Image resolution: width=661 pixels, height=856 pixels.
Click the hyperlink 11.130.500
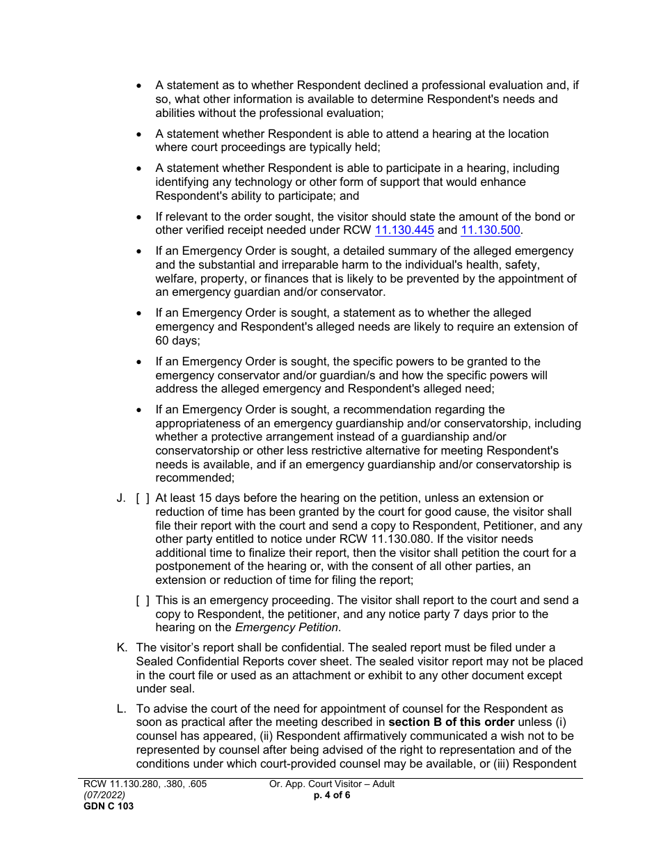pyautogui.click(x=490, y=230)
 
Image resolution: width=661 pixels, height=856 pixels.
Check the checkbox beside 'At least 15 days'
pyautogui.click(x=143, y=498)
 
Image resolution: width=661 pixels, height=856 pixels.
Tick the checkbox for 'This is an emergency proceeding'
pyautogui.click(x=143, y=601)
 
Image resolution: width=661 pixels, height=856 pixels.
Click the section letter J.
pyautogui.click(x=121, y=498)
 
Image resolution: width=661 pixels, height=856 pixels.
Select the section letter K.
pyautogui.click(x=122, y=648)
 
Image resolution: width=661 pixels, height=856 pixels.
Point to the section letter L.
pyautogui.click(x=121, y=709)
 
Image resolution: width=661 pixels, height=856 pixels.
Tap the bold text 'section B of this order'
pyautogui.click(x=450, y=722)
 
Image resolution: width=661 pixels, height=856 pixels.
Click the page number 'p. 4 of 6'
pyautogui.click(x=332, y=795)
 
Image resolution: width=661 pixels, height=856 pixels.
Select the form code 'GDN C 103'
pyautogui.click(x=108, y=807)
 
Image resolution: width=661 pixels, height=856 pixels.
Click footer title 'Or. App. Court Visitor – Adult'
pyautogui.click(x=332, y=784)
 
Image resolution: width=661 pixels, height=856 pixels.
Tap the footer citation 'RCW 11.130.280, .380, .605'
pyautogui.click(x=145, y=784)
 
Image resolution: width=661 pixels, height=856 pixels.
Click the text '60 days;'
pyautogui.click(x=173, y=341)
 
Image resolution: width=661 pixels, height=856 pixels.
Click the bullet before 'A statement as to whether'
pyautogui.click(x=139, y=86)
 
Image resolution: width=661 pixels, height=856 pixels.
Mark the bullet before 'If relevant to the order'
pyautogui.click(x=139, y=217)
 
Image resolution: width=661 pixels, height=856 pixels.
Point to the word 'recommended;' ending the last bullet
pyautogui.click(x=195, y=478)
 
